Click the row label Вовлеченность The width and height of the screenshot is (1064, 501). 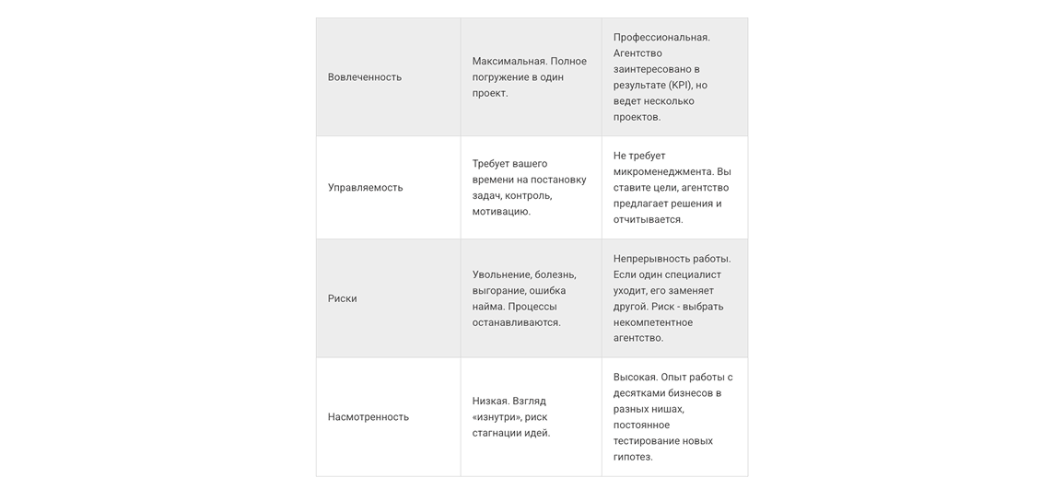(365, 77)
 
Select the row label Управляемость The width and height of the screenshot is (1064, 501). (366, 188)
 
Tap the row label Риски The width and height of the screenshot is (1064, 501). (343, 299)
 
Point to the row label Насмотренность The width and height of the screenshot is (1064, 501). (368, 417)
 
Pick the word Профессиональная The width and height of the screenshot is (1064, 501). (661, 38)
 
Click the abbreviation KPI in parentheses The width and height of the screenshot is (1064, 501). (692, 86)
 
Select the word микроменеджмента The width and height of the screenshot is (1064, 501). (662, 172)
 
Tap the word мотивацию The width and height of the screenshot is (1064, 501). (501, 212)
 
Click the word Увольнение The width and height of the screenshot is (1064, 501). (502, 275)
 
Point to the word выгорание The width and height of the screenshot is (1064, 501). (498, 291)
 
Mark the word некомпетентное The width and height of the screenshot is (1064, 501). (653, 323)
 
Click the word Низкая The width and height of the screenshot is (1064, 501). (489, 402)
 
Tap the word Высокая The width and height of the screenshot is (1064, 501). (635, 378)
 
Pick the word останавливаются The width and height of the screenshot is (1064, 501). (516, 323)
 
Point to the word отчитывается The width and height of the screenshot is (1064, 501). (648, 220)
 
